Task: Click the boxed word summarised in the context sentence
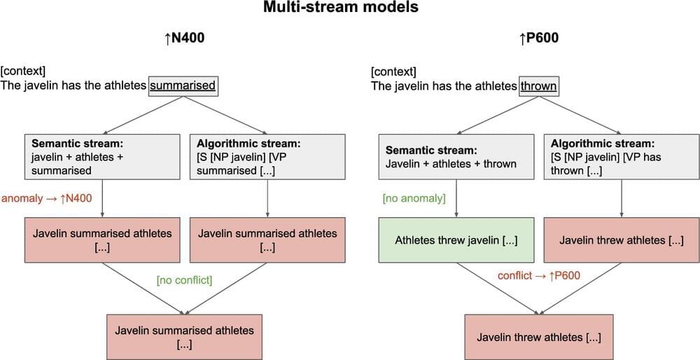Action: tap(183, 86)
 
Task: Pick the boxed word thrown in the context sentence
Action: tap(538, 86)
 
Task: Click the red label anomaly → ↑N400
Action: tap(46, 198)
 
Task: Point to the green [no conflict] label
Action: tap(184, 280)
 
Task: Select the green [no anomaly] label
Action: tap(414, 198)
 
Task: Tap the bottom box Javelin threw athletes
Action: tap(538, 338)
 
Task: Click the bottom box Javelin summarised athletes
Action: tap(184, 337)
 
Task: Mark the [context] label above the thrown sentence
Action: tap(393, 71)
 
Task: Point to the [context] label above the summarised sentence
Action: tap(23, 71)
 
